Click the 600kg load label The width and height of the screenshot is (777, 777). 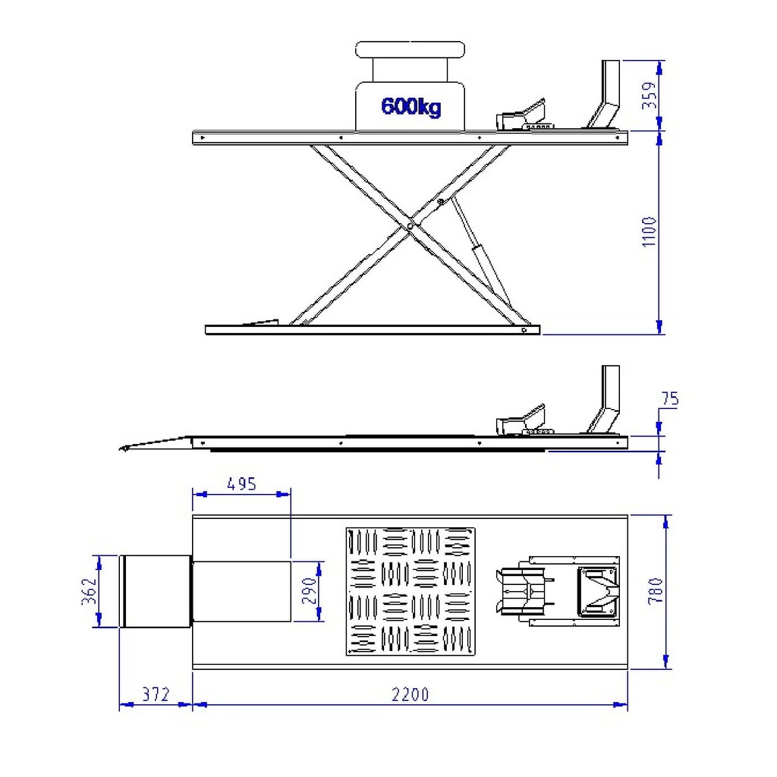[411, 106]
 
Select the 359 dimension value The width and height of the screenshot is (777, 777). [650, 95]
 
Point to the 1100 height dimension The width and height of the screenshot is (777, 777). [650, 231]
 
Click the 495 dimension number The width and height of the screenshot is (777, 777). [242, 483]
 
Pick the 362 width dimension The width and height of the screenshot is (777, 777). [89, 591]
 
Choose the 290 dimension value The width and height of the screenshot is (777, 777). [310, 590]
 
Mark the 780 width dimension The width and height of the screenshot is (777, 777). [656, 590]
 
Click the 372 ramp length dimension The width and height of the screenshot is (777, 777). [156, 694]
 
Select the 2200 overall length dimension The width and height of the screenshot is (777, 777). [411, 694]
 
